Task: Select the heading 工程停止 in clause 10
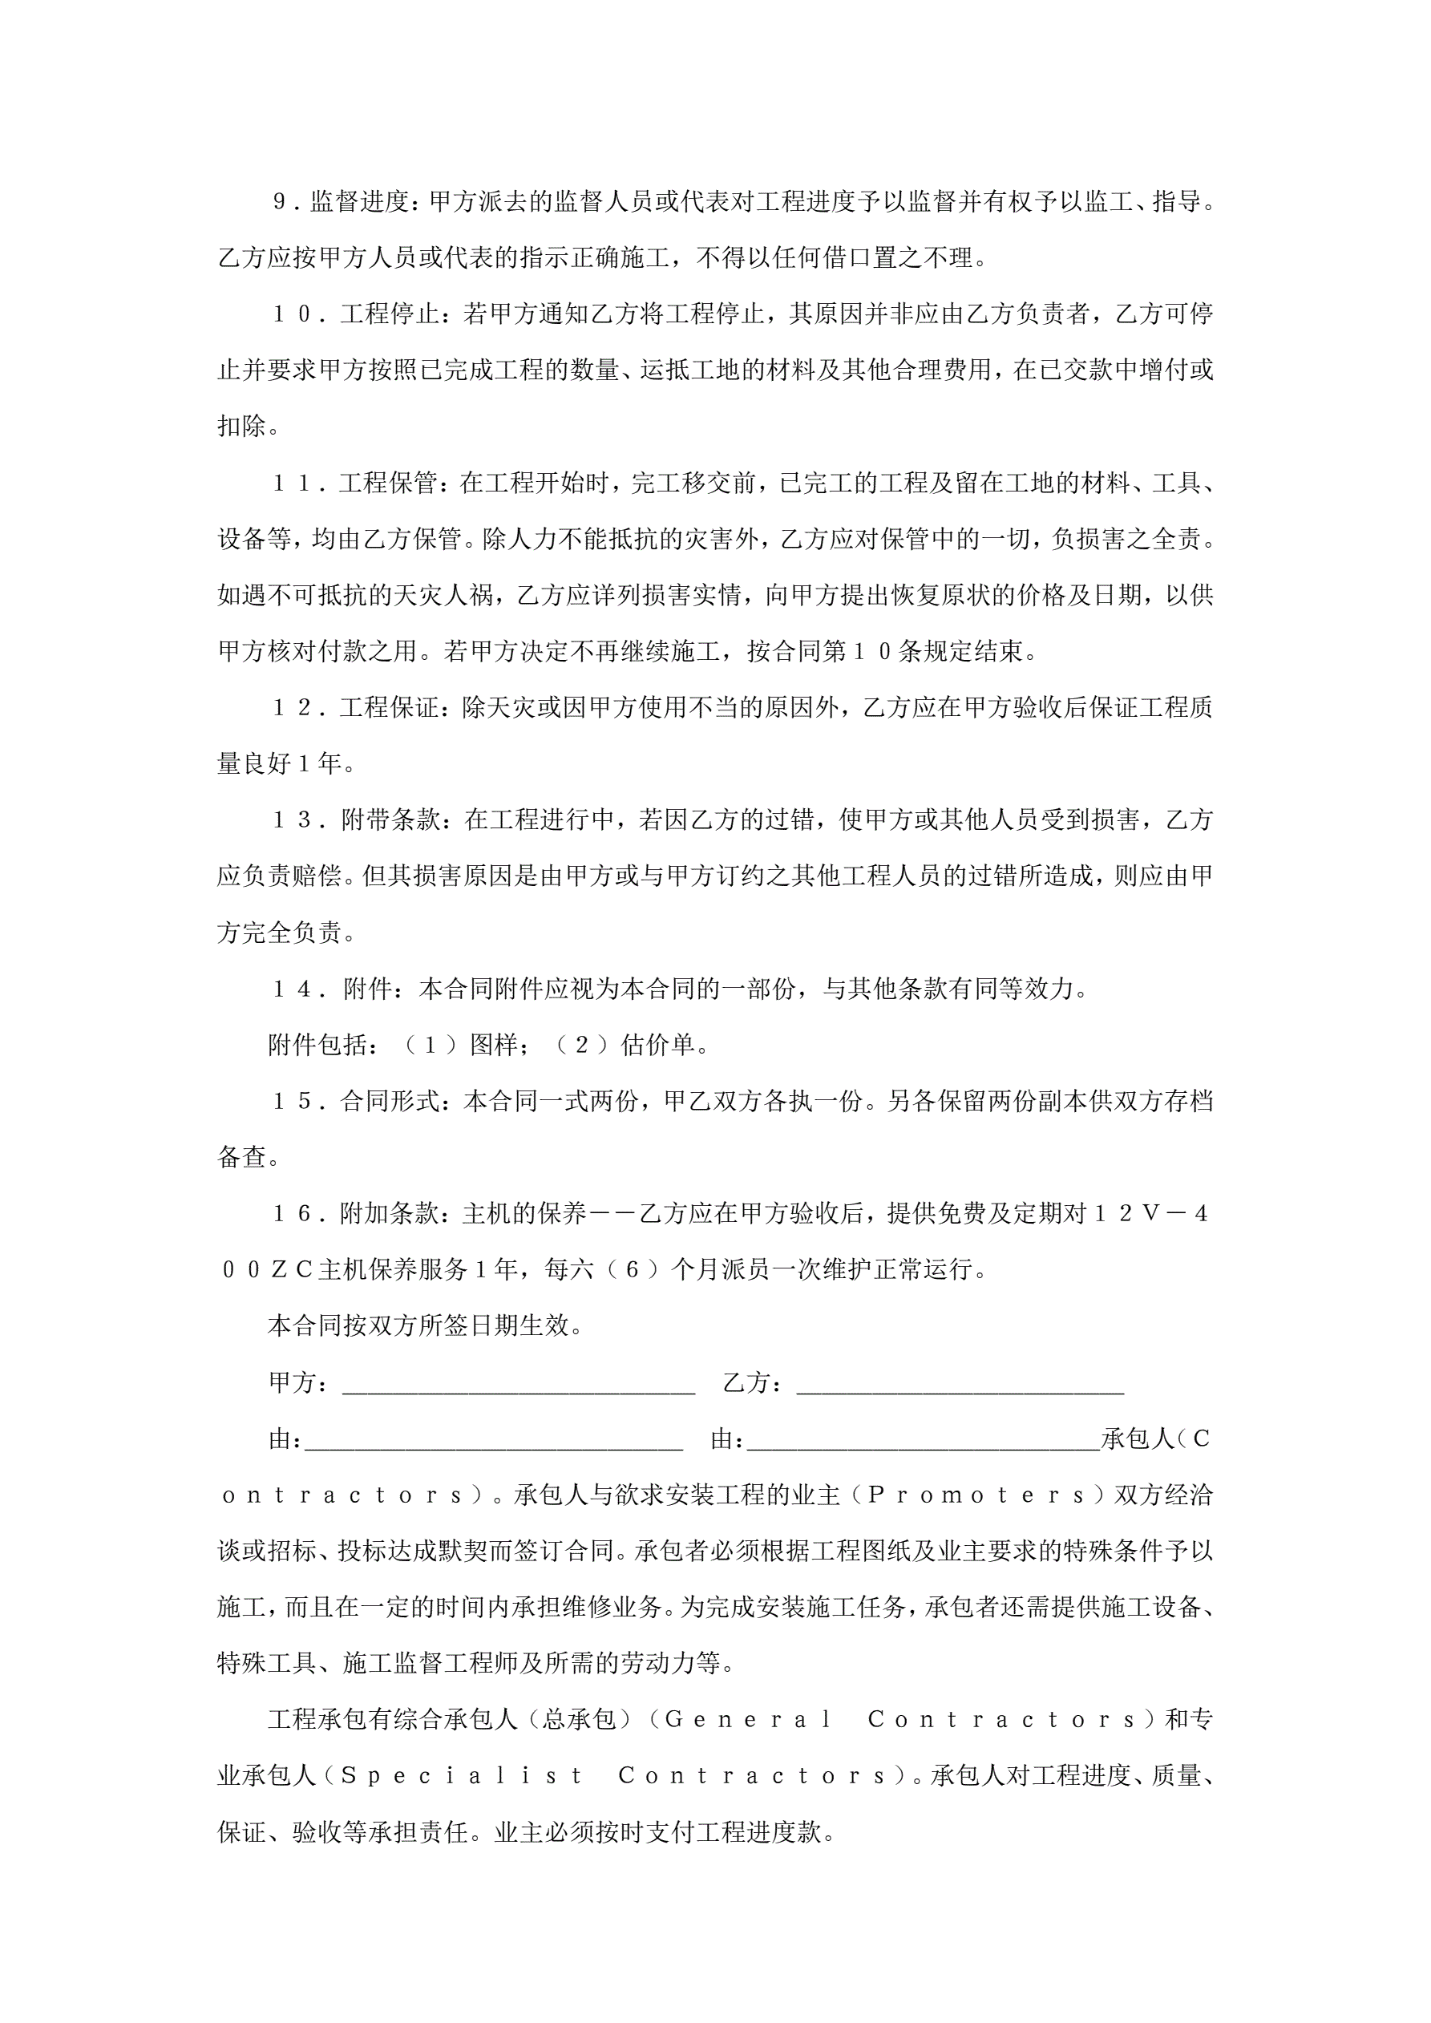tap(389, 314)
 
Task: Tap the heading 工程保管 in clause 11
tap(388, 483)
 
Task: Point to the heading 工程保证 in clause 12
tap(389, 707)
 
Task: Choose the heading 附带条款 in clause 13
tap(390, 820)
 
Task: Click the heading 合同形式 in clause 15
tap(389, 1102)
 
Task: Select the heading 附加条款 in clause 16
tap(389, 1214)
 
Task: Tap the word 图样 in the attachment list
tap(494, 1045)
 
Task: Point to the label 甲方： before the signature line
tap(300, 1382)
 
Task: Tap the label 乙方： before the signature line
tap(754, 1382)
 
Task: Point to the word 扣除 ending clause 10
tap(241, 427)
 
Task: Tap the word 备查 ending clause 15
tap(241, 1158)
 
